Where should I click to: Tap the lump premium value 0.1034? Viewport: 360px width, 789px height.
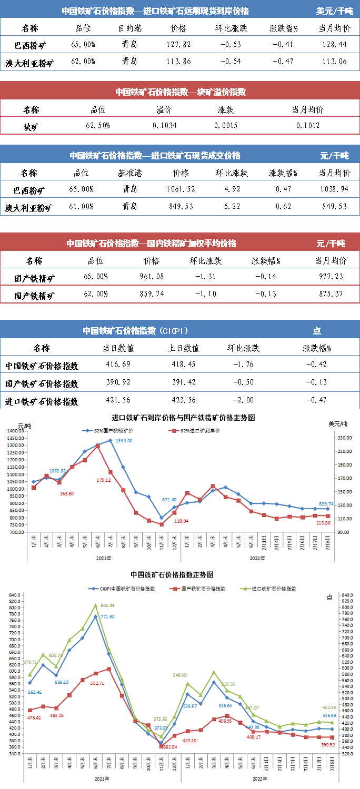165,126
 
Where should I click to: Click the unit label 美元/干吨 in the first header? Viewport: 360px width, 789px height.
335,11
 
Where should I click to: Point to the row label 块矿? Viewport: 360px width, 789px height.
31,126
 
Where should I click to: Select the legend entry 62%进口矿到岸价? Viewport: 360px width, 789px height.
197,431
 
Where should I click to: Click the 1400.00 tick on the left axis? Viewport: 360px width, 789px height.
18,431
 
